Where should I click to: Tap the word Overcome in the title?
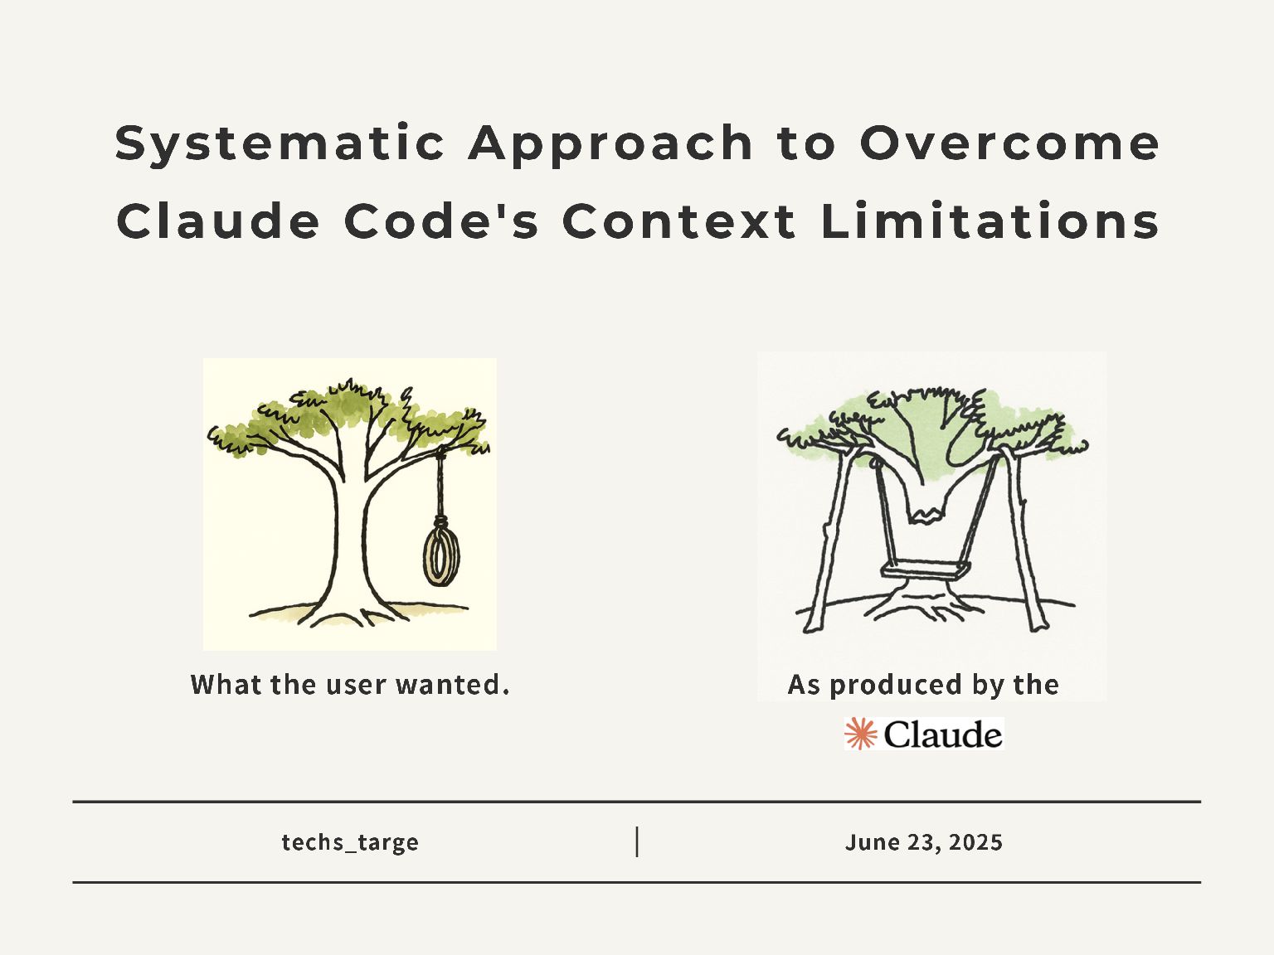[1009, 143]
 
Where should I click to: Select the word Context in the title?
[679, 222]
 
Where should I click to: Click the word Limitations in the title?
[990, 222]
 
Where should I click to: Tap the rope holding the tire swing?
[440, 485]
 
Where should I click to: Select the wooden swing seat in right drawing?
[926, 570]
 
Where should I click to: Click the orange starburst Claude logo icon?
[861, 734]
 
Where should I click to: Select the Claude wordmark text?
[942, 734]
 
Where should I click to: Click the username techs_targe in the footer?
[350, 842]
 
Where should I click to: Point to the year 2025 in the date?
[975, 842]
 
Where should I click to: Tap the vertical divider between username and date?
[637, 841]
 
